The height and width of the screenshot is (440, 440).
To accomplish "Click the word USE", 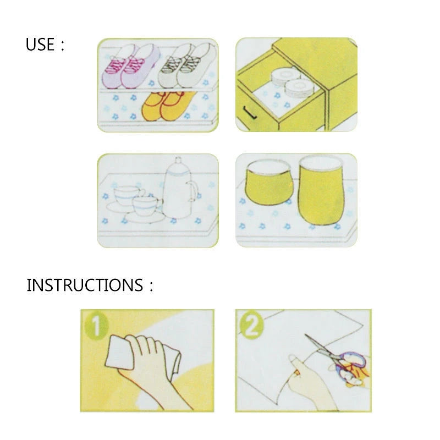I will (41, 45).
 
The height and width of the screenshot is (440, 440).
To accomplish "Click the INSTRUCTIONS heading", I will (85, 285).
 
